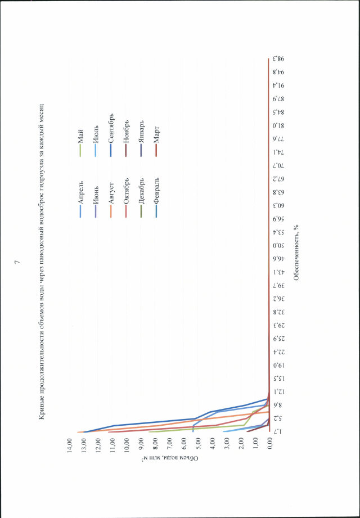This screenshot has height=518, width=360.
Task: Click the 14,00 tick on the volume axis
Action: point(70,445)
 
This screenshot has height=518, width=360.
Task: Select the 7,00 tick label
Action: point(170,445)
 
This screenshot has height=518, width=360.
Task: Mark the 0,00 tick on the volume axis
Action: point(270,445)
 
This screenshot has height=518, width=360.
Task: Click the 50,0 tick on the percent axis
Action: point(276,246)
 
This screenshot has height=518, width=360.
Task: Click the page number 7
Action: point(17,262)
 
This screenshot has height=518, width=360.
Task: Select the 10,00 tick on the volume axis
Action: point(127,445)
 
